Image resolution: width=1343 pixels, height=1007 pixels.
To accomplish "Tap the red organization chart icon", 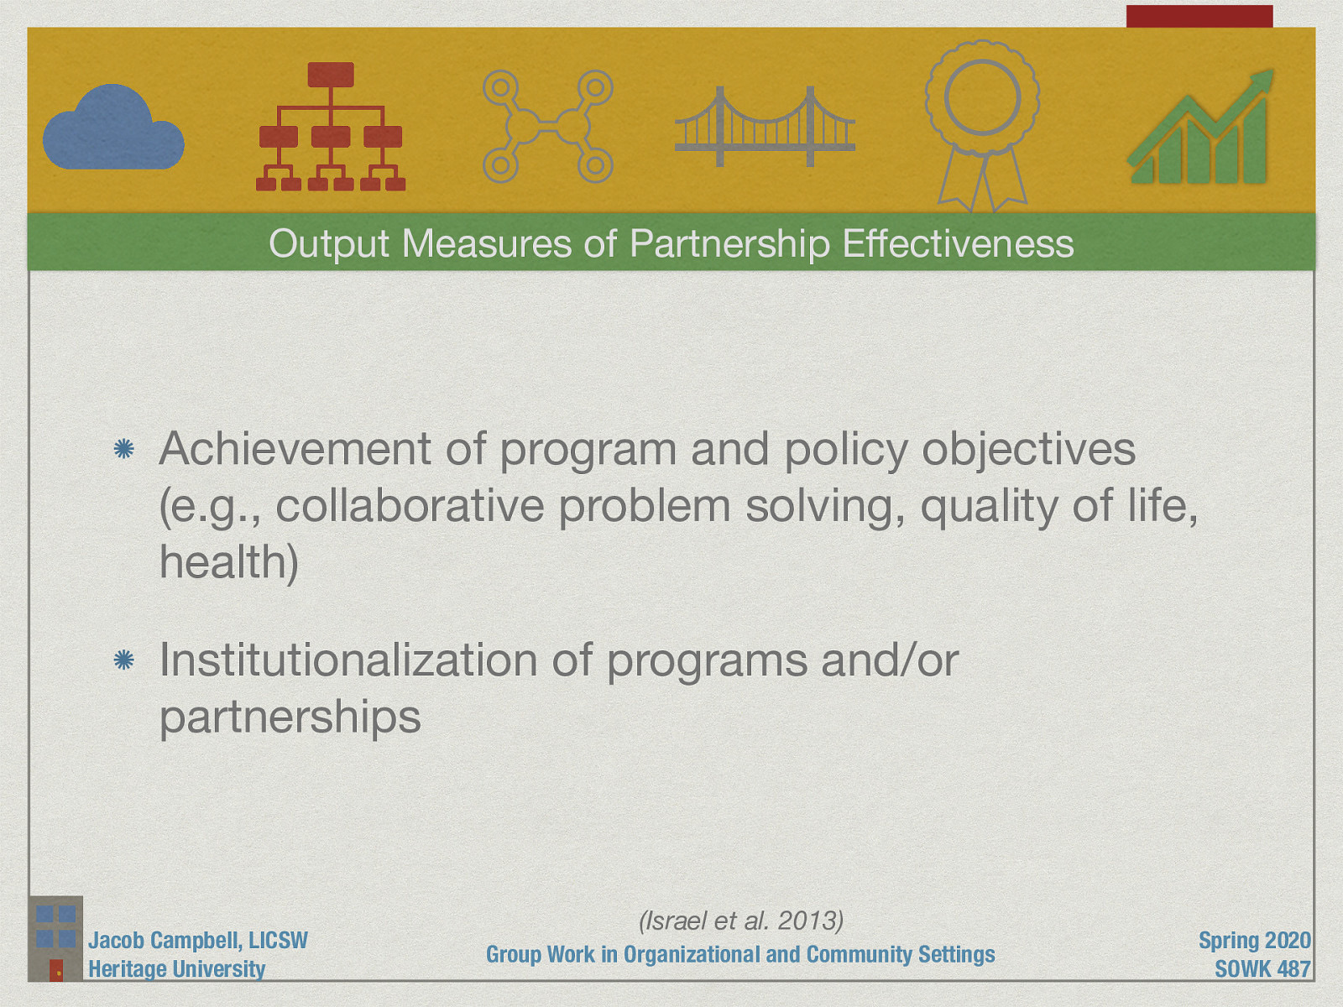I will [x=331, y=128].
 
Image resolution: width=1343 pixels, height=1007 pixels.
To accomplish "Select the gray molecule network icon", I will [x=547, y=127].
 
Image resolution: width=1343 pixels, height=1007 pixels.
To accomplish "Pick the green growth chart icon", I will [x=1200, y=130].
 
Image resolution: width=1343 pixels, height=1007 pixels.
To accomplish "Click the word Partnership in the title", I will [x=729, y=243].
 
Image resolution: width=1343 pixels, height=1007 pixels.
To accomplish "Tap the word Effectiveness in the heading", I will [x=958, y=243].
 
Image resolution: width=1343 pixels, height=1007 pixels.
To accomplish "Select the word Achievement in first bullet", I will [x=294, y=449].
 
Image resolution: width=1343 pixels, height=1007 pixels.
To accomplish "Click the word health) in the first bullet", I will [x=228, y=562].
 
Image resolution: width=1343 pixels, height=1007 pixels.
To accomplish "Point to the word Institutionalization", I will [x=348, y=660].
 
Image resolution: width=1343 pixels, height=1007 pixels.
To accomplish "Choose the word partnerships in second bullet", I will [x=290, y=717].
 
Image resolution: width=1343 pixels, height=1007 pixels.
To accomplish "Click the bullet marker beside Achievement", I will [x=123, y=450].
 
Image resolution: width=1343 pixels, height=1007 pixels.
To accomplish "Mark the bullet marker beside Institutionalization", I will [x=123, y=661].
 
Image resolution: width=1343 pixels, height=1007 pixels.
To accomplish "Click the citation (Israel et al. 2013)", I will [x=740, y=921].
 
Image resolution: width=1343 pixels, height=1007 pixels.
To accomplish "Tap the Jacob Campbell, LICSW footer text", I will [x=198, y=941].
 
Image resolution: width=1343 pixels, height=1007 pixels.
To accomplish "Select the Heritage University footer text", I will [x=176, y=969].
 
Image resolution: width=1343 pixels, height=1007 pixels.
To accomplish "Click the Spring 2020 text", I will [x=1253, y=941].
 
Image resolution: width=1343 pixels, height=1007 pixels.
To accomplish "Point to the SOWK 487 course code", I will [x=1262, y=969].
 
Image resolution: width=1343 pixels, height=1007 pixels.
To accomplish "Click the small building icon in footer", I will [x=55, y=939].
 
